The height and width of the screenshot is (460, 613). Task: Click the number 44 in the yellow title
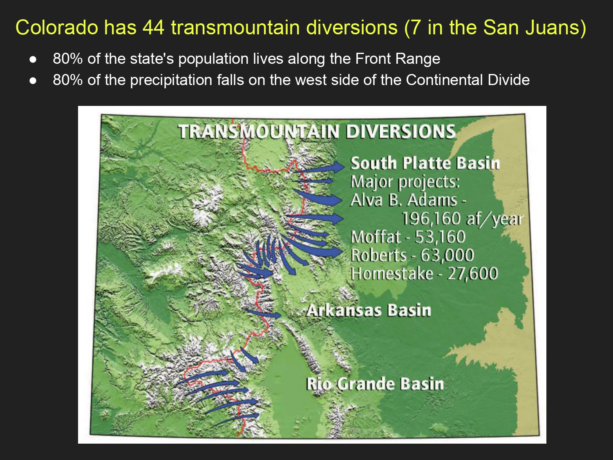[x=153, y=28]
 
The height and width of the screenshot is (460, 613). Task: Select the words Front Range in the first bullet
[x=397, y=59]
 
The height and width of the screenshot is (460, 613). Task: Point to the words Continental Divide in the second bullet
[x=468, y=80]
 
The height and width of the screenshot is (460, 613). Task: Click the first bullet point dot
[x=33, y=59]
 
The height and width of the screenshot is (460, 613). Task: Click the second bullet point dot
[x=33, y=81]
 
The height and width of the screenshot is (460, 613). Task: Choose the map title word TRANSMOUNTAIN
[x=259, y=131]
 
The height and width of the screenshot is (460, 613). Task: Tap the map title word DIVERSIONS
[x=401, y=131]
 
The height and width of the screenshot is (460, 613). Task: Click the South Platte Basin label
[x=425, y=163]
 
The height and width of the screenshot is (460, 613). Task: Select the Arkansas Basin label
[x=369, y=310]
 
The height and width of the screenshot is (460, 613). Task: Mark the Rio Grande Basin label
[x=375, y=384]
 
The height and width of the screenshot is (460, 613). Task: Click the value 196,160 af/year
[x=462, y=219]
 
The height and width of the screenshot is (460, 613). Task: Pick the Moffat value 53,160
[x=440, y=237]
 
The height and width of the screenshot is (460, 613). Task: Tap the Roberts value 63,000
[x=447, y=255]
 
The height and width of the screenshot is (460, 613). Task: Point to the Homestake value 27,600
[x=472, y=274]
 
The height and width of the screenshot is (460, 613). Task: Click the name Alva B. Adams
[x=404, y=200]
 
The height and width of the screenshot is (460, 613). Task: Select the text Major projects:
[x=405, y=182]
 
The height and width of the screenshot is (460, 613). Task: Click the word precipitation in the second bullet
[x=171, y=81]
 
